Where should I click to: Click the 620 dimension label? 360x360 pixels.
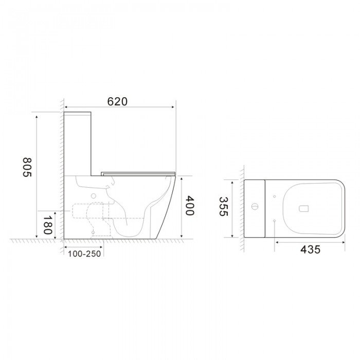pyautogui.click(x=117, y=101)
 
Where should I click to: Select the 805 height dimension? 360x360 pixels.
pyautogui.click(x=27, y=167)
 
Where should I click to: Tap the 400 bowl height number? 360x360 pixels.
pyautogui.click(x=189, y=206)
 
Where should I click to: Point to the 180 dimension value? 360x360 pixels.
pyautogui.click(x=47, y=225)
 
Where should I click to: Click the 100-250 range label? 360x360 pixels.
pyautogui.click(x=84, y=254)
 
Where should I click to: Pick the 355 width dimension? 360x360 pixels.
pyautogui.click(x=223, y=206)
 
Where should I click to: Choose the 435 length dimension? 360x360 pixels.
pyautogui.click(x=310, y=249)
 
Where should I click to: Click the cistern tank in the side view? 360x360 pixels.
pyautogui.click(x=78, y=143)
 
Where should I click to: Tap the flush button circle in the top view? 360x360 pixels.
pyautogui.click(x=255, y=206)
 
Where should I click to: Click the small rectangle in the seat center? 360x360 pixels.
pyautogui.click(x=303, y=208)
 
